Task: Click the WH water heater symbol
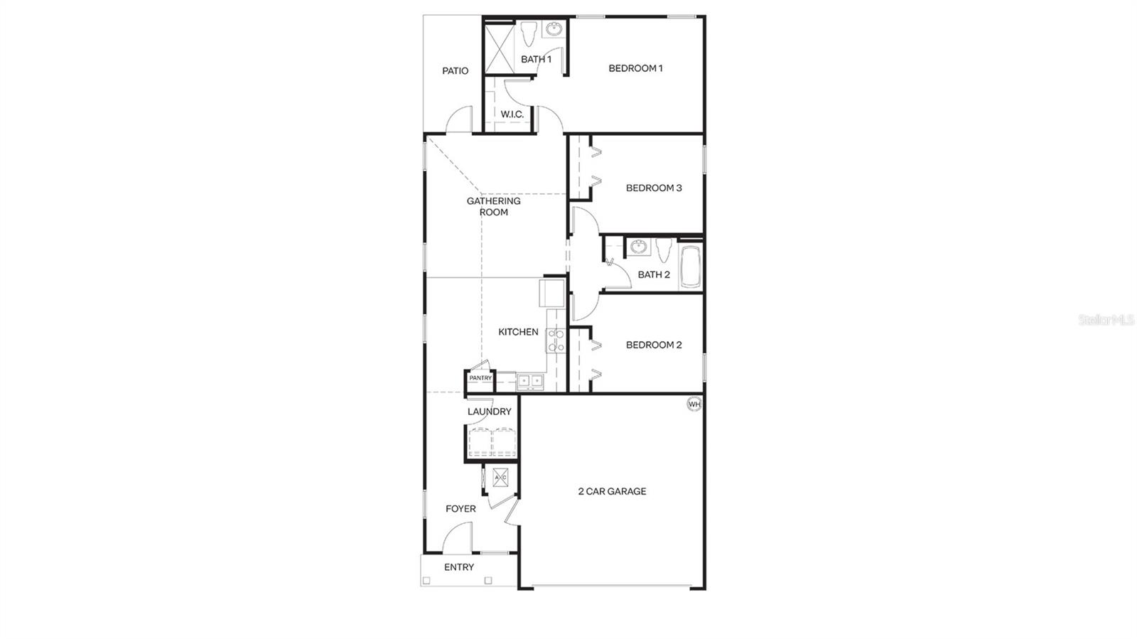(x=694, y=404)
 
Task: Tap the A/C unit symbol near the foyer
(x=500, y=477)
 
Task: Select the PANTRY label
(x=480, y=378)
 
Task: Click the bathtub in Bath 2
(x=690, y=267)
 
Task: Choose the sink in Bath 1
(x=553, y=29)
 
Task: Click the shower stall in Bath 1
(x=500, y=48)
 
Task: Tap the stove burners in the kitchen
(x=556, y=340)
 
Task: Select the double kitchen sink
(x=529, y=381)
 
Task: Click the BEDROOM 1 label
(x=635, y=68)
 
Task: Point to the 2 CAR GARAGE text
(x=612, y=491)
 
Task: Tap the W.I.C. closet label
(x=512, y=114)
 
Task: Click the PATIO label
(x=455, y=71)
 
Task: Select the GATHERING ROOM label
(x=493, y=206)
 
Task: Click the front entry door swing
(x=458, y=538)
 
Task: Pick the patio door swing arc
(x=460, y=119)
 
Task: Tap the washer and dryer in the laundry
(x=492, y=442)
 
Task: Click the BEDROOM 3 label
(x=654, y=188)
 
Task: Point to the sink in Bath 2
(x=639, y=247)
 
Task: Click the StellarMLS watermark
(x=1106, y=321)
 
